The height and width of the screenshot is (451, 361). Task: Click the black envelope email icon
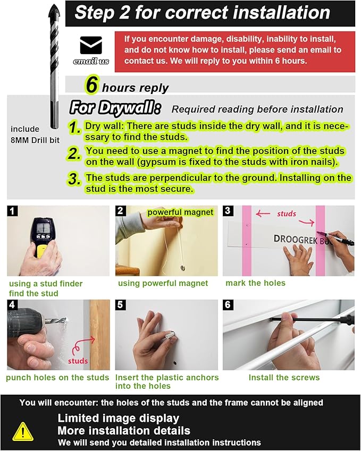click(91, 45)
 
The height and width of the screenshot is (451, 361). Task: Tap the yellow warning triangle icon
click(23, 431)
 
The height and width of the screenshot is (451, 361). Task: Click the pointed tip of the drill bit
click(54, 5)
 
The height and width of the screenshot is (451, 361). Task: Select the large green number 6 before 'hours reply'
click(92, 84)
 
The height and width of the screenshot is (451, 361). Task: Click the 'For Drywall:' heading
click(115, 108)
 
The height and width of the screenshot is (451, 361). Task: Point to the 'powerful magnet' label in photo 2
click(180, 212)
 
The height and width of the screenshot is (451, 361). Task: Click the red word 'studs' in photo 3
click(287, 214)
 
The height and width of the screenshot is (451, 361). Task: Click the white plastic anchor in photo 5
click(169, 335)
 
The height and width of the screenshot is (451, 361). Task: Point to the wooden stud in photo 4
click(99, 335)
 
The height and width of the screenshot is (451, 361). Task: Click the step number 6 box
click(228, 304)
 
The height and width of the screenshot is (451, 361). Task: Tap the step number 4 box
click(12, 304)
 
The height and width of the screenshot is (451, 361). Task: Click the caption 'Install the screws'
click(284, 377)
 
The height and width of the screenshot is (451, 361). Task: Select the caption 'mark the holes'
click(255, 283)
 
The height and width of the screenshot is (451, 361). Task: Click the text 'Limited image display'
click(119, 418)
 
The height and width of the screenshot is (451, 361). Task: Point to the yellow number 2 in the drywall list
click(74, 154)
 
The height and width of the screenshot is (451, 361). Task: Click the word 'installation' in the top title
click(281, 13)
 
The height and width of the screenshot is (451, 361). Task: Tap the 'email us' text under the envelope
click(91, 61)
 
